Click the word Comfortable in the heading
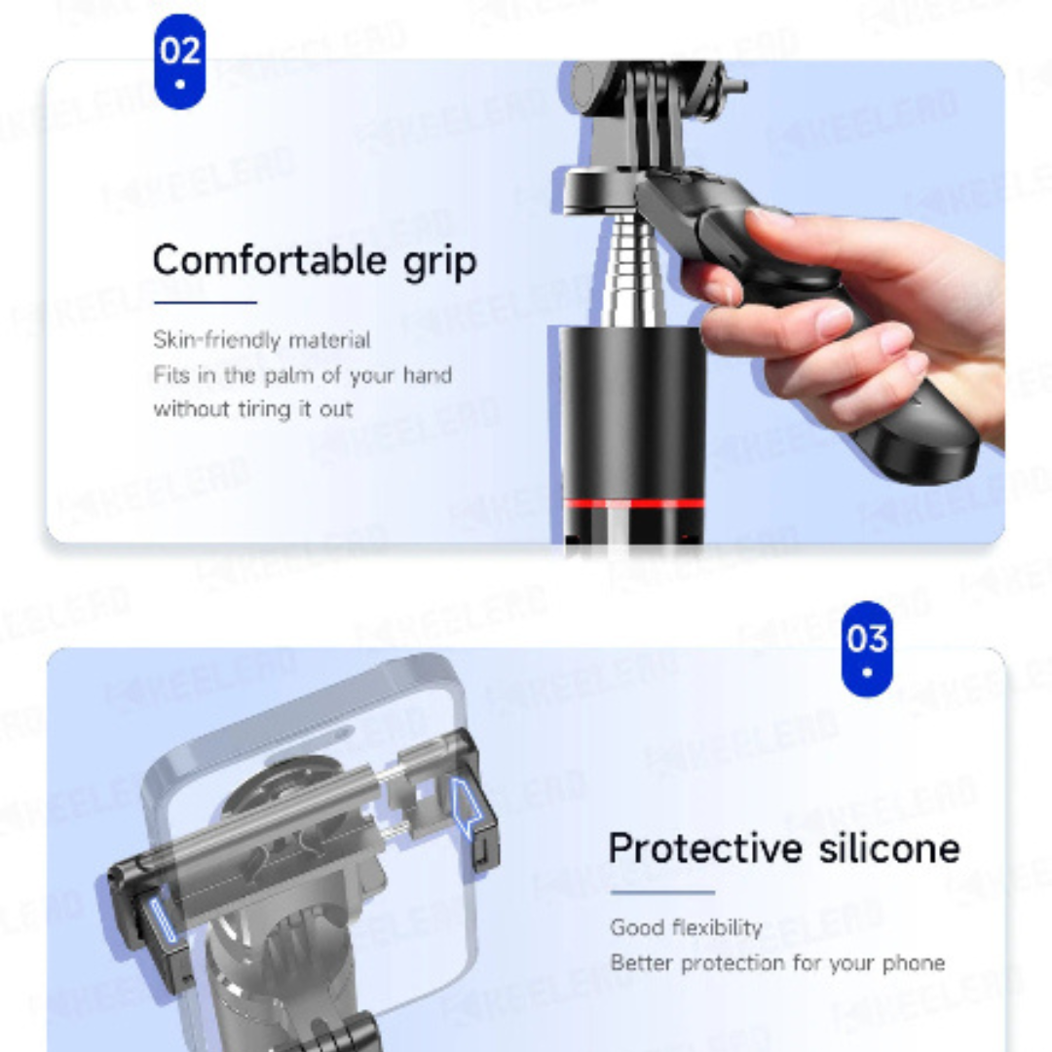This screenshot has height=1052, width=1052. click(269, 261)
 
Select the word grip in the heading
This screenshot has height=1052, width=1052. click(439, 263)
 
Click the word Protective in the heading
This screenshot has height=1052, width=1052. click(707, 848)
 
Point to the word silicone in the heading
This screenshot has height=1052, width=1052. click(888, 848)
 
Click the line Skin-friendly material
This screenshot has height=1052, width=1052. click(261, 340)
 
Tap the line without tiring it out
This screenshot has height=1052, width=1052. click(252, 409)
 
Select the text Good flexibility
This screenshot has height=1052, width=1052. click(686, 927)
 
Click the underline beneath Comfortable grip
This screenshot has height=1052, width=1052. click(205, 302)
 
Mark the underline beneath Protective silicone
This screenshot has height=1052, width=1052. click(662, 891)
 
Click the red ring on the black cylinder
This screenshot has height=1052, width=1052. click(633, 504)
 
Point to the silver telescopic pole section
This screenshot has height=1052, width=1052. click(620, 273)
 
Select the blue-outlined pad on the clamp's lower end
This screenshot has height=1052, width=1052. click(161, 921)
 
